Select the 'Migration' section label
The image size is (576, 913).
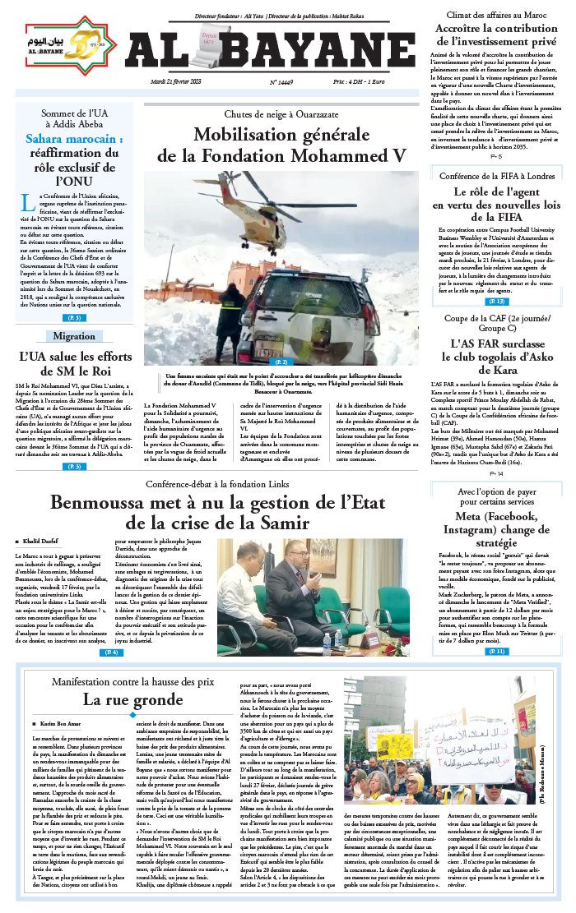click(x=74, y=336)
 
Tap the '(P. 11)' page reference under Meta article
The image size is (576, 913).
click(x=496, y=628)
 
